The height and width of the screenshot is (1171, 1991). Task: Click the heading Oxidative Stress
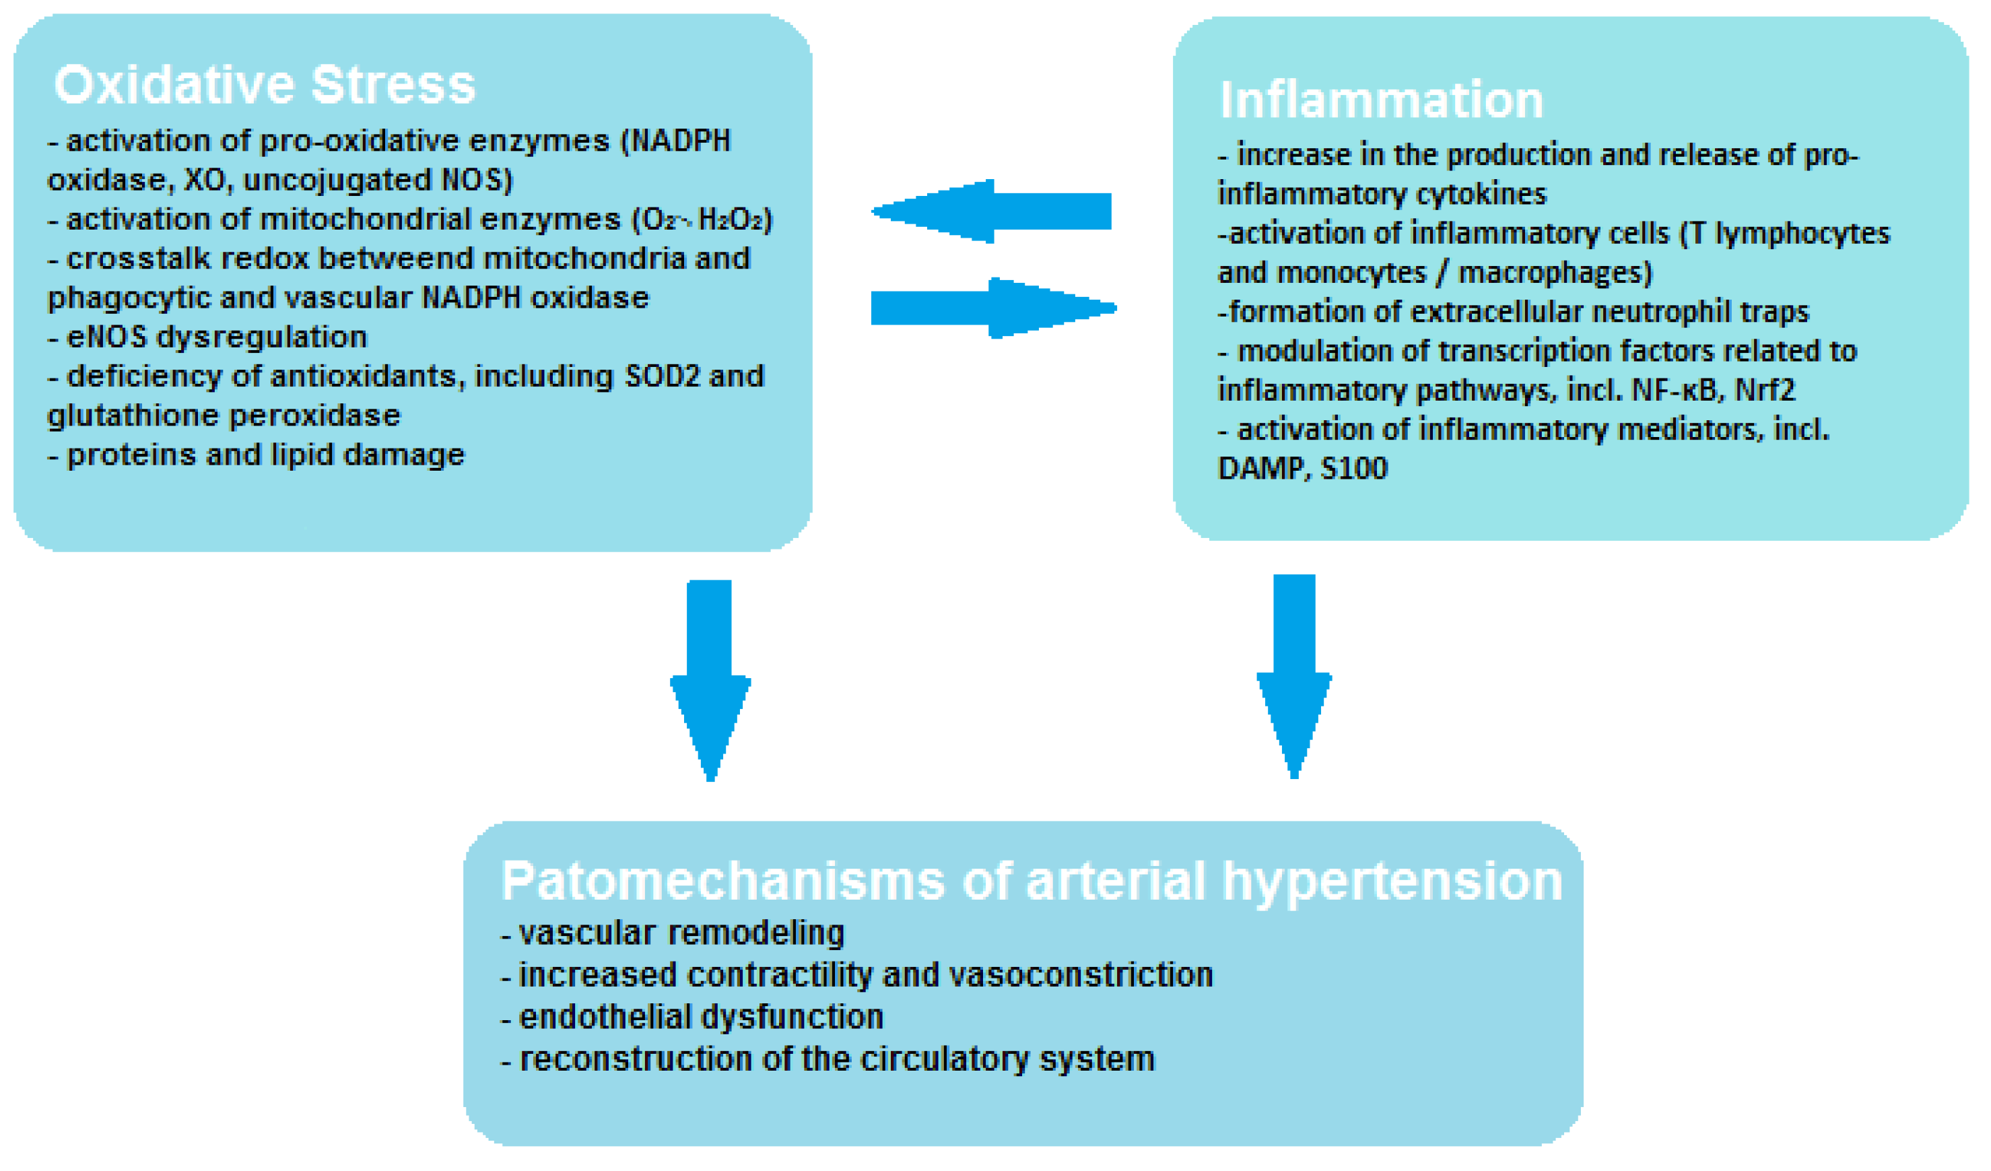tap(264, 85)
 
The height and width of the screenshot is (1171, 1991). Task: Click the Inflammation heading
tap(1380, 100)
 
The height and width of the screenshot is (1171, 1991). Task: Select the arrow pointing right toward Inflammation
tap(994, 308)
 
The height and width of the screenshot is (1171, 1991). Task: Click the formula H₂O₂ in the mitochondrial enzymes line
tap(734, 220)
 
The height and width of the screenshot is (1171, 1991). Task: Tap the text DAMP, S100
tap(1302, 469)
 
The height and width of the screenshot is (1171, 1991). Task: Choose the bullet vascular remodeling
tap(679, 933)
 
